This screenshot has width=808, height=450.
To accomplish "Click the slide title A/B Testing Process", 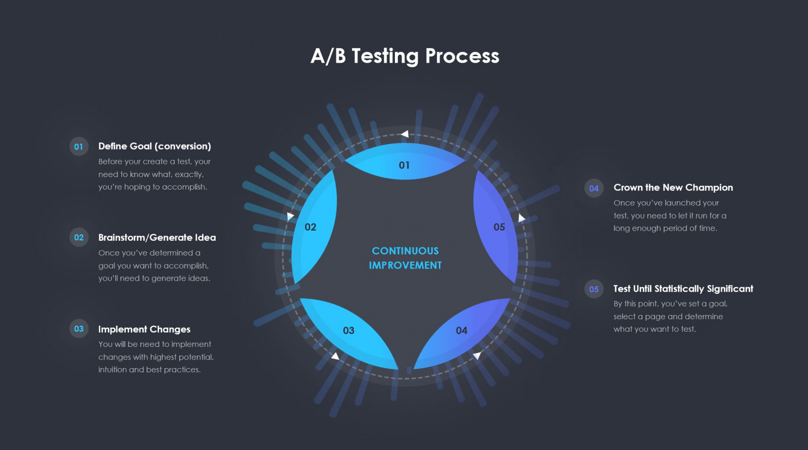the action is pos(405,56).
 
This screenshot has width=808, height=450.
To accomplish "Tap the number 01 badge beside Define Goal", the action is pos(79,146).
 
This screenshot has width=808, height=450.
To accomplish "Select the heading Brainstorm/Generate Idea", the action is pos(157,237).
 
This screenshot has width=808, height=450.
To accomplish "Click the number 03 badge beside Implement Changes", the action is pos(79,328).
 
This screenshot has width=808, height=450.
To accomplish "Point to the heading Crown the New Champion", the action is pos(673,188).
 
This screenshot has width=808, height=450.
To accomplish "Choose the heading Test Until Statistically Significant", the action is pos(683,289).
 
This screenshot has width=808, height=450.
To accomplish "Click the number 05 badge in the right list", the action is pos(594,289).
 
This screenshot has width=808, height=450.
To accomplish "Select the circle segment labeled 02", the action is pos(314,227).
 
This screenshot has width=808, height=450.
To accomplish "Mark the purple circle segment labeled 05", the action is pos(496,227).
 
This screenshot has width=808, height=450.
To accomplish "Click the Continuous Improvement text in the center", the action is pos(405,258).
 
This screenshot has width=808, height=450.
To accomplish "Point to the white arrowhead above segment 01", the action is pos(405,134).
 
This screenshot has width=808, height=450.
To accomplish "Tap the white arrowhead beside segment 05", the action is pos(522,218).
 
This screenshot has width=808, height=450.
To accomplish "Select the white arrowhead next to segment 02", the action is pos(290,216).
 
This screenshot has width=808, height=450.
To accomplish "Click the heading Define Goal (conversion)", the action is pos(155,146).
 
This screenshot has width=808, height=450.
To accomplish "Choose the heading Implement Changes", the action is pos(144,329).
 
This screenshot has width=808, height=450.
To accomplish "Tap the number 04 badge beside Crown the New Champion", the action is pos(594,188).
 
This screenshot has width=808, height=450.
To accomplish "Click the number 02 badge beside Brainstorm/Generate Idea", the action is pos(79,237).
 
